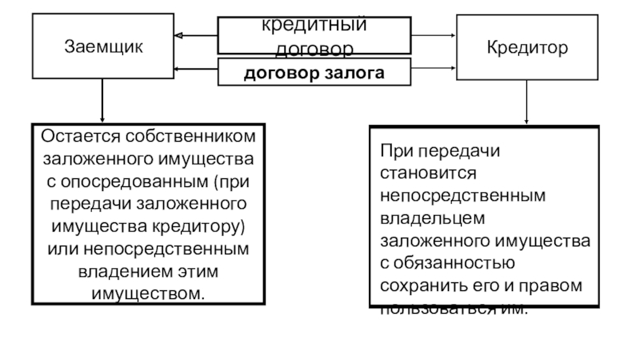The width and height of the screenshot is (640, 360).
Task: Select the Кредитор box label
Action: [x=526, y=47]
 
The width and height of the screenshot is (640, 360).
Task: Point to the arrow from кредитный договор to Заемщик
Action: [x=196, y=36]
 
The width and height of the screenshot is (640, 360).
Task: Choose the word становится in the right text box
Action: [x=428, y=172]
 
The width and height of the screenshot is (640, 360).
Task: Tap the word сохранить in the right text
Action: [x=414, y=284]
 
